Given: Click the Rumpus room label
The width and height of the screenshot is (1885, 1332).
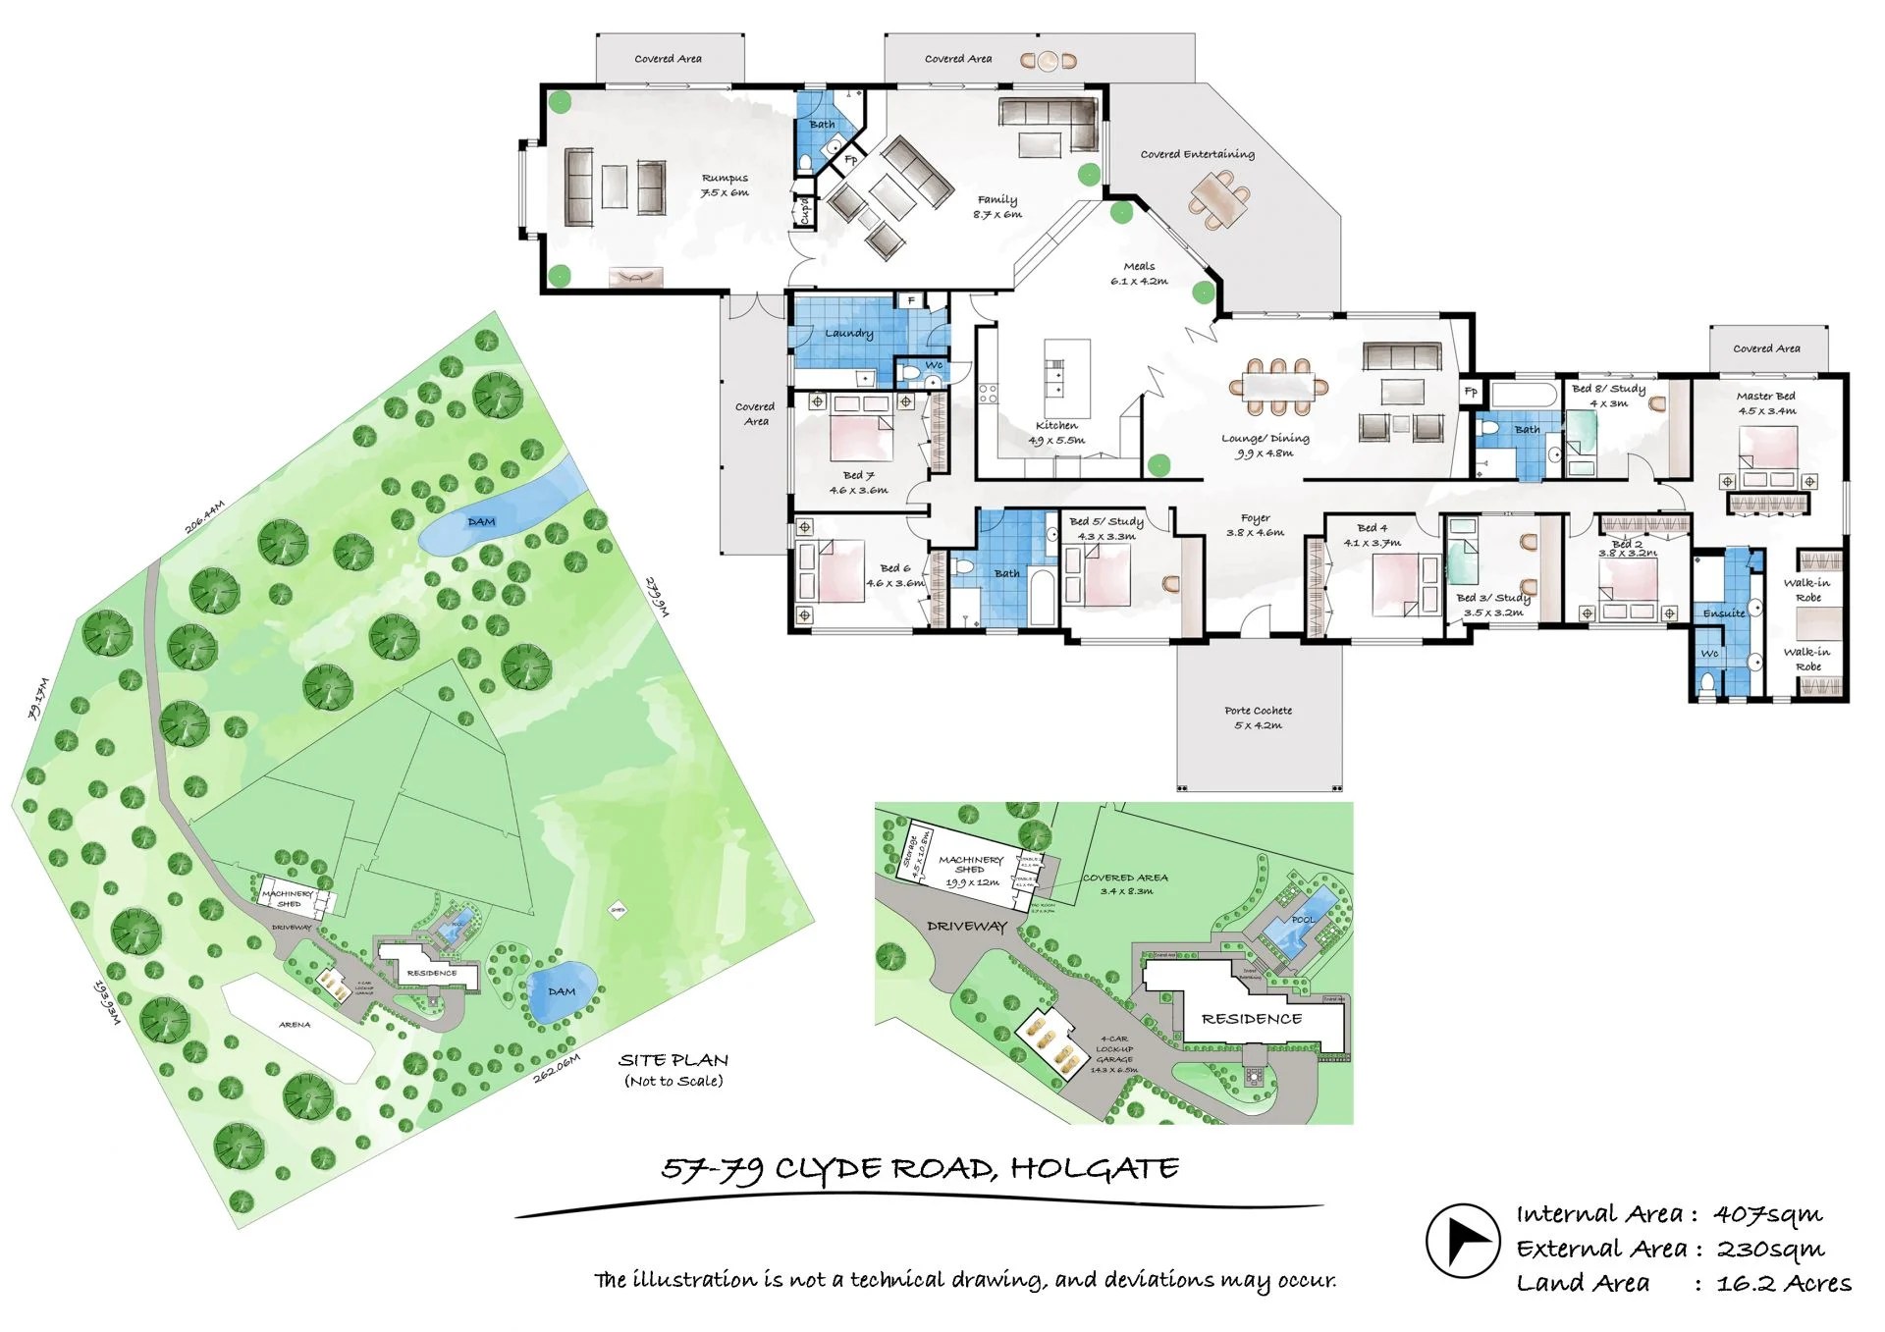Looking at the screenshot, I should tap(725, 179).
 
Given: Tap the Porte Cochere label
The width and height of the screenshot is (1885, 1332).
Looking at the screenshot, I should tap(1258, 711).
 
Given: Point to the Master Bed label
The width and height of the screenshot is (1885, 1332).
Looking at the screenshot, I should tap(1765, 397).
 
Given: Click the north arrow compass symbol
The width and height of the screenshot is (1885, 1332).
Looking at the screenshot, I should tap(1462, 1241).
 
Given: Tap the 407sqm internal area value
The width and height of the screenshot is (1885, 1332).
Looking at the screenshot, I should tap(1767, 1215).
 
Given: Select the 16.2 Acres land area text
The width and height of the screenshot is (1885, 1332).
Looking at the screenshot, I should tap(1783, 1284).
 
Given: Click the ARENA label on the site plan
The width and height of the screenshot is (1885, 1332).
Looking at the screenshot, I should tap(295, 1025).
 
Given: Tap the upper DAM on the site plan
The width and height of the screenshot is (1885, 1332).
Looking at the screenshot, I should tap(480, 522).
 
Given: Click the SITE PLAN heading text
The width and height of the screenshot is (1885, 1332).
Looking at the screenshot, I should tap(673, 1060).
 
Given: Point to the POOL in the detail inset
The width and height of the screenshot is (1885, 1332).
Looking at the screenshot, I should tap(1302, 921).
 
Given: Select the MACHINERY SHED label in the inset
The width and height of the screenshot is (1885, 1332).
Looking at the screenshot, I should tap(970, 864).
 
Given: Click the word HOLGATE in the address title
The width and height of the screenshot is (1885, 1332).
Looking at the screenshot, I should tap(1094, 1169).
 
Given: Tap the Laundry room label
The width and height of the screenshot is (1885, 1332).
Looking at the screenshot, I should tap(848, 334).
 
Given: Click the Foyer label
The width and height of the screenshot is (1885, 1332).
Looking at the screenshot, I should tap(1255, 518).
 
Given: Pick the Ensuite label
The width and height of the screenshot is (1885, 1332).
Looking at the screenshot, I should tap(1723, 613).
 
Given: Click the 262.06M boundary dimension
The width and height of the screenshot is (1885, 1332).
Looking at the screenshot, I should tap(557, 1068).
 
